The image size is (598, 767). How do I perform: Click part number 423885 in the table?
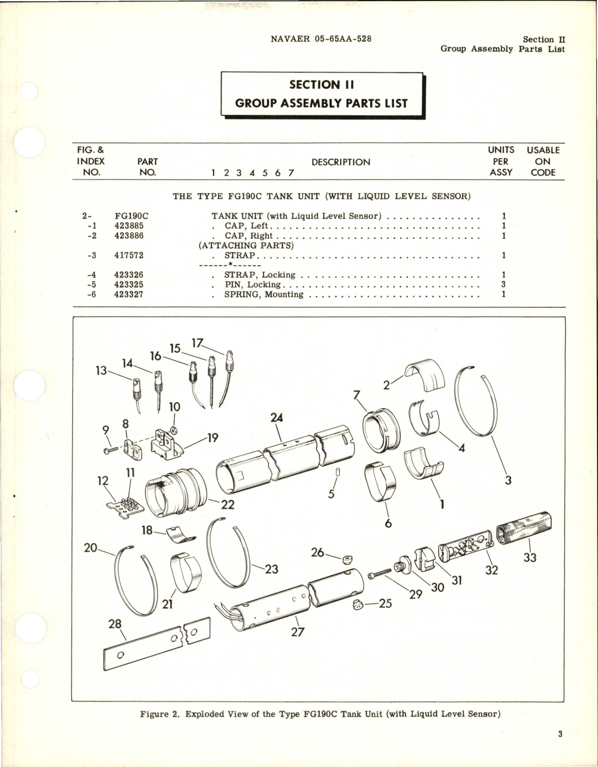point(129,226)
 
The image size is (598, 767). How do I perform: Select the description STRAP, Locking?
point(259,275)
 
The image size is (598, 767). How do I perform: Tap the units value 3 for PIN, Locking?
point(503,285)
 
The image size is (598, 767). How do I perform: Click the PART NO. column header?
point(147,167)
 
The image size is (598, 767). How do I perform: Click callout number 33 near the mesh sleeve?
point(530,558)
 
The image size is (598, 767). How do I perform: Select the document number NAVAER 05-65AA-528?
point(321,39)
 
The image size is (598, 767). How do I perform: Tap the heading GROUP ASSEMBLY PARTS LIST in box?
point(321,103)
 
